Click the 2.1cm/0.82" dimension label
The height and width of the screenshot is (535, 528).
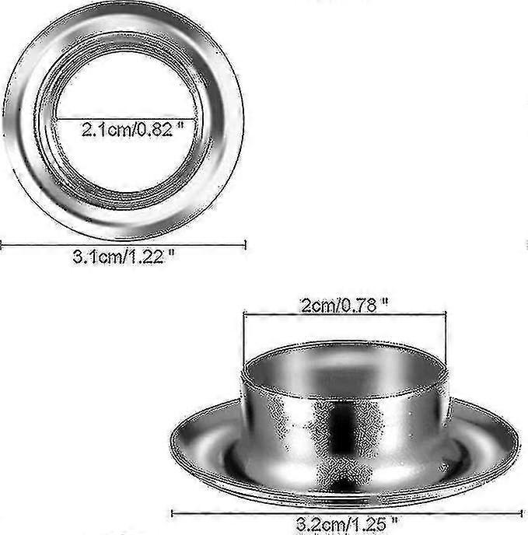point(136,130)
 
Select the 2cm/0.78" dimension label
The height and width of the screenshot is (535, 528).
point(344,305)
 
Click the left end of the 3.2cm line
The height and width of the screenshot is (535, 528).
point(172,512)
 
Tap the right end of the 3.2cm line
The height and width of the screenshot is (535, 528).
point(521,512)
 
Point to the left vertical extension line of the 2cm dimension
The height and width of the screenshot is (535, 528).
point(244,342)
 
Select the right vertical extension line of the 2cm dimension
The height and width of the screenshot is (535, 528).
point(446,342)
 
